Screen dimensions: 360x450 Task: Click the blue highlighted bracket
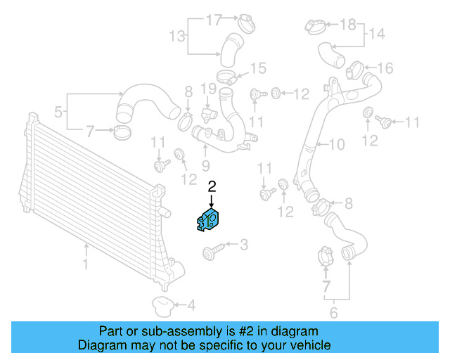(209, 219)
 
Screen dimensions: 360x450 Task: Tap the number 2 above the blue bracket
(212, 186)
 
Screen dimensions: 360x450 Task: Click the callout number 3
(244, 245)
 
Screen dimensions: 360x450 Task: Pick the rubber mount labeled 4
(162, 306)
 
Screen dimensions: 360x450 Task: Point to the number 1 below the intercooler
(86, 265)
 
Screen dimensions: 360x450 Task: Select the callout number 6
(334, 313)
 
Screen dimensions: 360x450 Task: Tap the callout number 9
(206, 166)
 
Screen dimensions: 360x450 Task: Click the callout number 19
(207, 89)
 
